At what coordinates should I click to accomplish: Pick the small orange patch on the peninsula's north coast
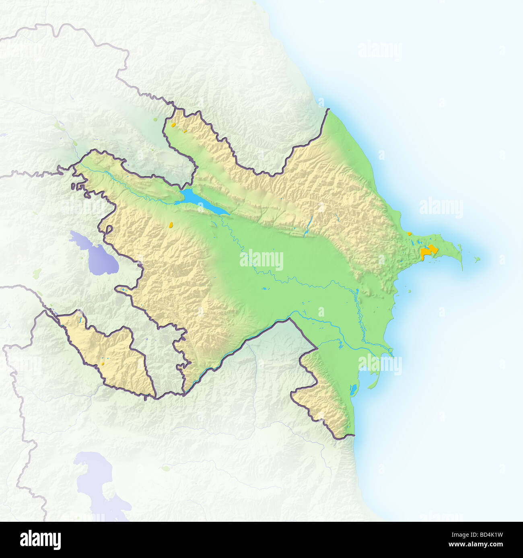click(x=409, y=233)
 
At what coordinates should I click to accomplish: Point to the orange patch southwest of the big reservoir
click(x=171, y=224)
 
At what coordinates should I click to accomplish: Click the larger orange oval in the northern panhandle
click(x=173, y=125)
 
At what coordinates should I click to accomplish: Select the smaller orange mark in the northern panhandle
click(x=185, y=131)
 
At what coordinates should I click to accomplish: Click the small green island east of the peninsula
click(x=477, y=260)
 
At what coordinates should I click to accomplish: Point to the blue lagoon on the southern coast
click(x=353, y=389)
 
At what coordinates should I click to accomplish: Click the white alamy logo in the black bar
click(x=40, y=540)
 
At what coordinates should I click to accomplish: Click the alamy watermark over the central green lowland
click(x=261, y=260)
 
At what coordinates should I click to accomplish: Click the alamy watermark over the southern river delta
click(x=380, y=364)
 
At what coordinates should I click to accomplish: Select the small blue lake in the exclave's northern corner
click(x=81, y=320)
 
